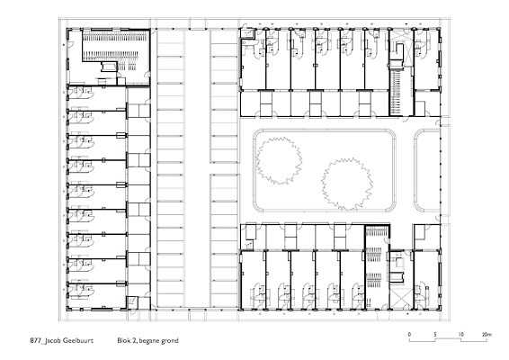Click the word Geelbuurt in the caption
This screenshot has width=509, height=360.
point(76,340)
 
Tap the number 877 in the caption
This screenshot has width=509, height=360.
point(35,340)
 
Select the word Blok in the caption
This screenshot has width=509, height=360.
point(124,340)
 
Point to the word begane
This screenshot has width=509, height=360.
point(149,341)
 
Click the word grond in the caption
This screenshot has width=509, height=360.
point(170,341)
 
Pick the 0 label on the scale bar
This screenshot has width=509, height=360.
point(409,334)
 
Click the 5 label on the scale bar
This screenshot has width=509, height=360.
point(435,334)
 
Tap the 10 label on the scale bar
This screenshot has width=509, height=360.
point(461,334)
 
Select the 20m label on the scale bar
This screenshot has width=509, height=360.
point(487,334)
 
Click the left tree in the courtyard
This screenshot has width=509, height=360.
point(279,160)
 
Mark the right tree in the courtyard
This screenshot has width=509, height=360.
point(347,184)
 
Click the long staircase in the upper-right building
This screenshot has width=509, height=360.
point(395,93)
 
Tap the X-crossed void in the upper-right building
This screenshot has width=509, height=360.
point(401,48)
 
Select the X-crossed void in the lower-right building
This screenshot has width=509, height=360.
point(401,298)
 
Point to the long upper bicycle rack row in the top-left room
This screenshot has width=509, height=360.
point(115,36)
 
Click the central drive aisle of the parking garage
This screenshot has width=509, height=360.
point(197,168)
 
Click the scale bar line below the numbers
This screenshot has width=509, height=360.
point(448,341)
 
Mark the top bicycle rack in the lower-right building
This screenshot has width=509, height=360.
point(377,231)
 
